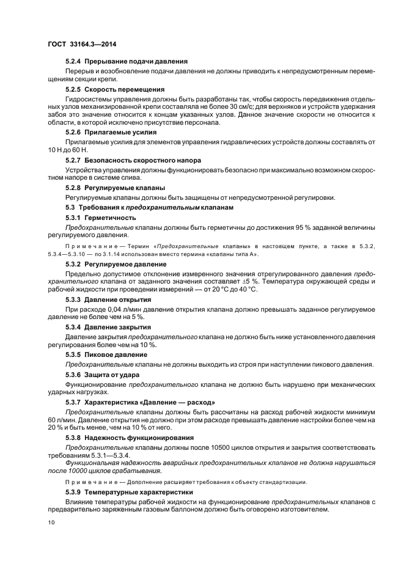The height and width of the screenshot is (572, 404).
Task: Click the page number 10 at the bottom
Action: point(51,522)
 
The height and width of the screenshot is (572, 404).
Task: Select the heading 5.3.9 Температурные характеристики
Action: point(129,492)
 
